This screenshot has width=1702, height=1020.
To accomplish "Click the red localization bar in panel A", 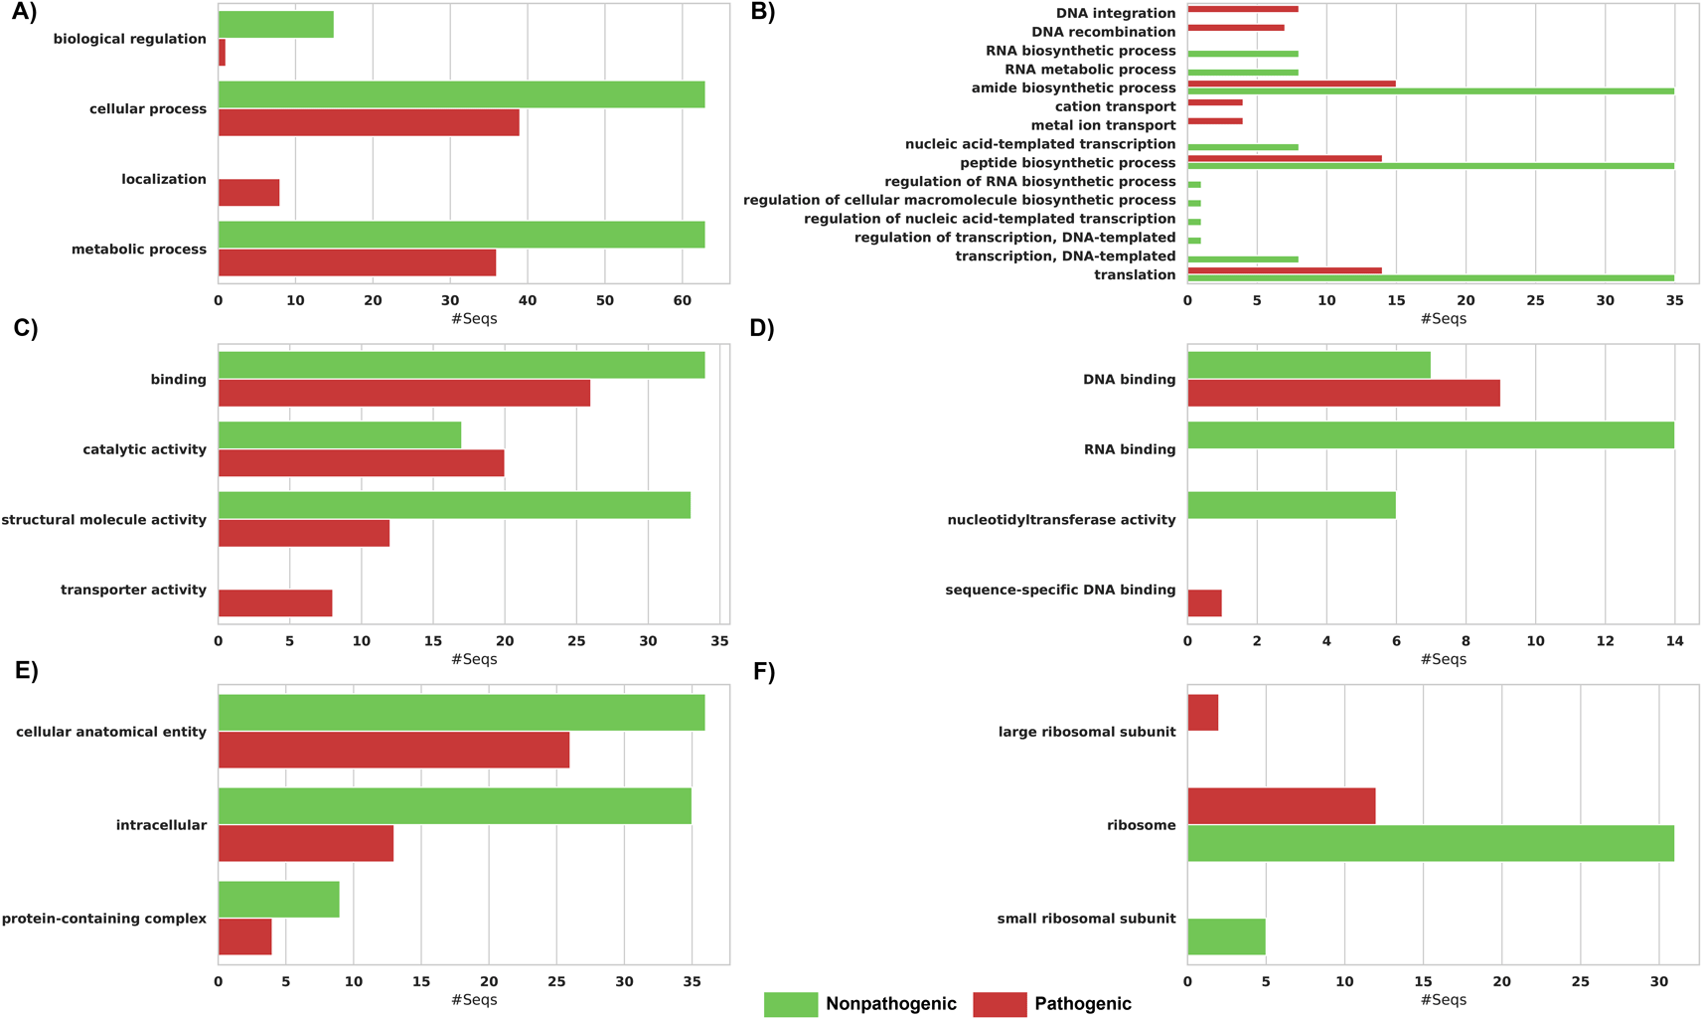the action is [248, 192].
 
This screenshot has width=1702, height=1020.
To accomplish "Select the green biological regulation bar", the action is [276, 24].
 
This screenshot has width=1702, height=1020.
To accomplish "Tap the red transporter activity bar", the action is [275, 602].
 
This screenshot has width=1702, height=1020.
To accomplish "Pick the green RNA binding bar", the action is [1431, 434].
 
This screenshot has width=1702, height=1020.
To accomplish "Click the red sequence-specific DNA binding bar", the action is [1204, 602].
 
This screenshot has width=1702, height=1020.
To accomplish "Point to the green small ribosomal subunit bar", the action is [1226, 936].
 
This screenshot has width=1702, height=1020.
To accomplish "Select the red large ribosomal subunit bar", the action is [1203, 712].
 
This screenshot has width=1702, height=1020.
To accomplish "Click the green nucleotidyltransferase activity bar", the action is [1292, 505].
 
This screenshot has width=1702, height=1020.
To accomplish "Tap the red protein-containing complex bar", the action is [244, 936].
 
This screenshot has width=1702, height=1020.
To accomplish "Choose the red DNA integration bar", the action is [1243, 9].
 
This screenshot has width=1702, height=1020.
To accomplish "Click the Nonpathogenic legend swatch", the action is [791, 1004].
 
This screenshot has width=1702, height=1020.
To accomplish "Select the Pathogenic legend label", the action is [1083, 1004].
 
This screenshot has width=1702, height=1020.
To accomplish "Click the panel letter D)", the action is [762, 328].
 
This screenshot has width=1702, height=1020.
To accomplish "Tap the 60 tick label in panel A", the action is [683, 300].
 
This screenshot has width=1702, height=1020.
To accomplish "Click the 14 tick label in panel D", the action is [1674, 640].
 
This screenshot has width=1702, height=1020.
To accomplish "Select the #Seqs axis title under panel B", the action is [1443, 318].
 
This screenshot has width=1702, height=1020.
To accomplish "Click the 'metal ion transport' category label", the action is [1103, 125].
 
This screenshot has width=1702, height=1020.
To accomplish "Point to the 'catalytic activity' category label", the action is [144, 449].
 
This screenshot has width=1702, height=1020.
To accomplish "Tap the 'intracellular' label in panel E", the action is [161, 825].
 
